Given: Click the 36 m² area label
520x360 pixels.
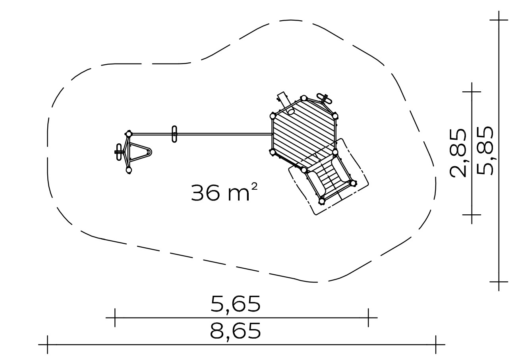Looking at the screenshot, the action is (x=224, y=192).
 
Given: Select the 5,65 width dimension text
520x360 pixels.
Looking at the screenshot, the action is (x=236, y=304).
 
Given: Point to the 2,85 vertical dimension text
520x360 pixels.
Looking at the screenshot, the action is (x=458, y=153).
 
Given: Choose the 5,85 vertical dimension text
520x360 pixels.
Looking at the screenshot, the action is (x=485, y=151).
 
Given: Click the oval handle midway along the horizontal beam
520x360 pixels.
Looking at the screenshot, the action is (x=174, y=134).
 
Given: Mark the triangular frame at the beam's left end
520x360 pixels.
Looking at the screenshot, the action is (x=138, y=152).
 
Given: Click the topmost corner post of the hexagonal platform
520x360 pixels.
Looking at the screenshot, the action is (x=303, y=98).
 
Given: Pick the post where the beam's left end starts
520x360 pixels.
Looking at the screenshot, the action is (x=128, y=134).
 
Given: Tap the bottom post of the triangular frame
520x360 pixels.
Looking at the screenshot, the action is (x=129, y=170).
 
